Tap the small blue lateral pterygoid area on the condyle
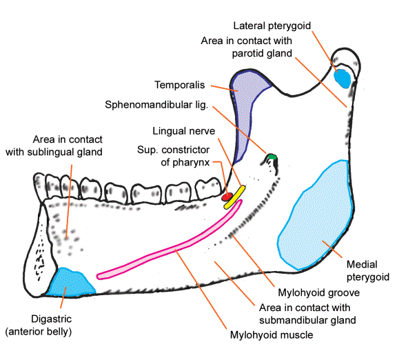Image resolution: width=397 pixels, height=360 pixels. (341, 77)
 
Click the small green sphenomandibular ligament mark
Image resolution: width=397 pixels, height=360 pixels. (272, 158)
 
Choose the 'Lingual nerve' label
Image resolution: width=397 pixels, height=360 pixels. (185, 130)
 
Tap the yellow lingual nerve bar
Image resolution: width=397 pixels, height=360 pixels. (236, 196)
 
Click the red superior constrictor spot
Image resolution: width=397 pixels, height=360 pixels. (226, 199)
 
